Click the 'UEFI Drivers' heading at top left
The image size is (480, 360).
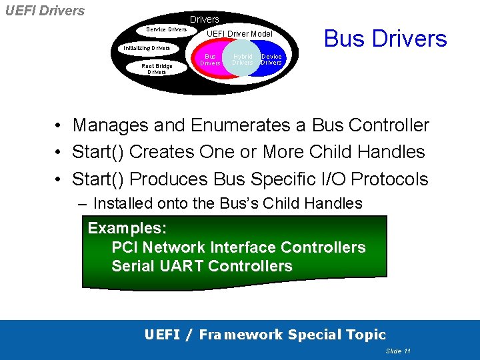(x=45, y=11)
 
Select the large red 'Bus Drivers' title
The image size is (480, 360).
(x=385, y=39)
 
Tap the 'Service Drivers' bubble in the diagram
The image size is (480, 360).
(x=167, y=29)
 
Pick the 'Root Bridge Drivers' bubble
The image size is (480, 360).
(x=157, y=69)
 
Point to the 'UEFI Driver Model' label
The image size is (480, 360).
(x=239, y=33)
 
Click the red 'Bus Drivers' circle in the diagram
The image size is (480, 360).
(x=211, y=60)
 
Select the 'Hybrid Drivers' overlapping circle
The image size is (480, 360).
(x=243, y=60)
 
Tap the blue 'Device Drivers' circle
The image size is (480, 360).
(x=271, y=60)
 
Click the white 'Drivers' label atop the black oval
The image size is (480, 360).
(x=204, y=19)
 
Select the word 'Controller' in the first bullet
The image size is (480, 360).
(x=389, y=125)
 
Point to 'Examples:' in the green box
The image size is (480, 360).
(x=127, y=228)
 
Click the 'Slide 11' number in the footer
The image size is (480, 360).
(x=398, y=351)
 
